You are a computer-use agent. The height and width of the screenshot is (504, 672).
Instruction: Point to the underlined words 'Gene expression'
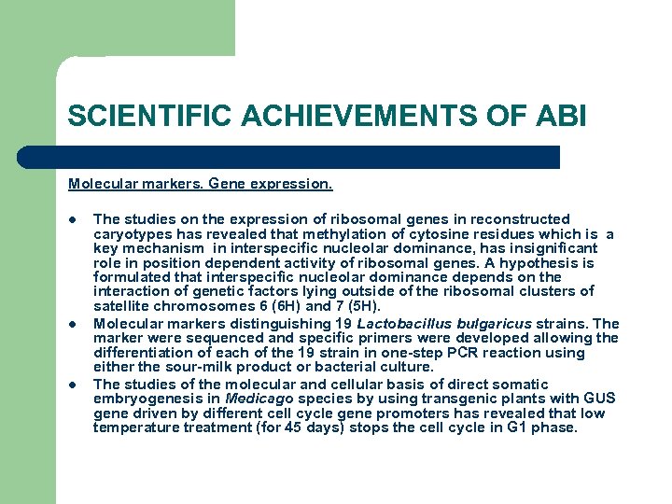(278, 185)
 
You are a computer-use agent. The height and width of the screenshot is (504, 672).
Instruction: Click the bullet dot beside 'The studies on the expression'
(72, 219)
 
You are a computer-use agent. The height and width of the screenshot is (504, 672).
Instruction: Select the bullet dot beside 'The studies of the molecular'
(72, 384)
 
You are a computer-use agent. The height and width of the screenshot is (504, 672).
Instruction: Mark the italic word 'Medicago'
(258, 399)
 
